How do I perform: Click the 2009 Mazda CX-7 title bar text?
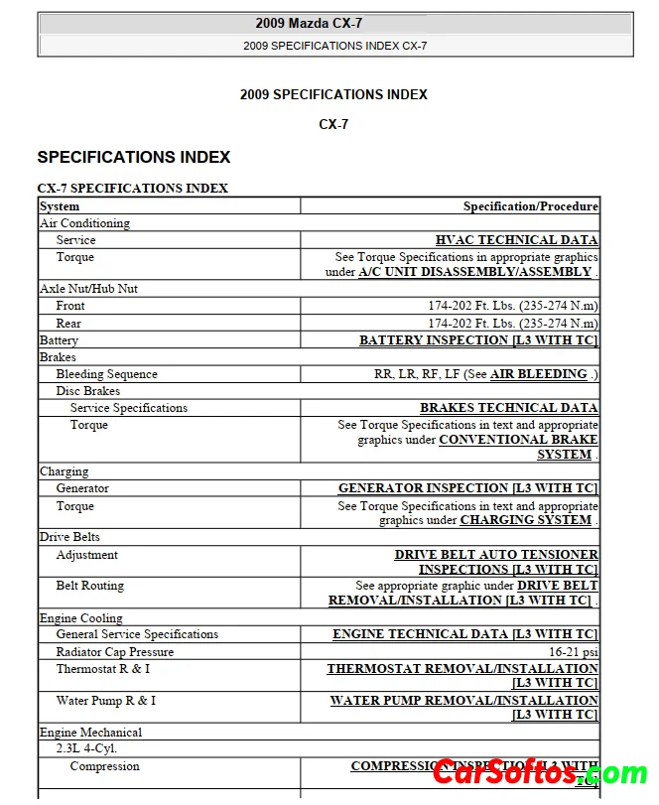(x=334, y=24)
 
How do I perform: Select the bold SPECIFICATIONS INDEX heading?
(x=134, y=157)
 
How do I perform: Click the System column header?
(x=60, y=206)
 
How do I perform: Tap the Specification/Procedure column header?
(x=530, y=206)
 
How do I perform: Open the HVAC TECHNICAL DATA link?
(x=516, y=240)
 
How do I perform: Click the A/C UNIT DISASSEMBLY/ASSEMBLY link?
(x=474, y=272)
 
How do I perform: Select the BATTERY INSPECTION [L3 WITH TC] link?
(x=478, y=340)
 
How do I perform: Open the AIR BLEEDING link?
(x=538, y=374)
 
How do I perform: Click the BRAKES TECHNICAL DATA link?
(x=508, y=408)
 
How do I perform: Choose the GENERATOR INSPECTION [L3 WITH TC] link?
(x=467, y=488)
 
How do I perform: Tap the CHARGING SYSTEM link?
(x=525, y=520)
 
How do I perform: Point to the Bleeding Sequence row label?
(x=106, y=374)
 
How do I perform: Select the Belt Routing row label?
(x=89, y=586)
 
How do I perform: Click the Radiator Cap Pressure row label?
(x=114, y=652)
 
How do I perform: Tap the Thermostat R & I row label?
(x=102, y=669)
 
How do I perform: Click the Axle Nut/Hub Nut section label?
(x=88, y=289)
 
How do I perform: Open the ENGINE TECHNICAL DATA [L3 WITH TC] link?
(x=464, y=634)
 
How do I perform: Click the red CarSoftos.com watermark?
(x=540, y=772)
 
